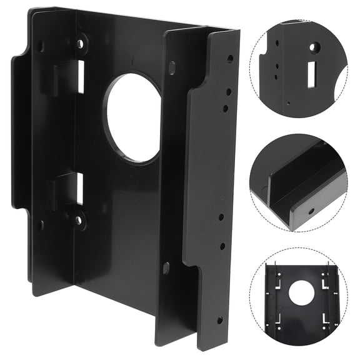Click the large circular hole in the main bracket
pos(132,118)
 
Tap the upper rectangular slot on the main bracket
pos(80,77)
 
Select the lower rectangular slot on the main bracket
pos(79,188)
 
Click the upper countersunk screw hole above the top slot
pos(80,44)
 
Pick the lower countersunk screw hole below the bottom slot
pos(78,221)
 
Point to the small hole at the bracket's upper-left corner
pos(41,46)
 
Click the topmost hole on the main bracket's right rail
pos(230,58)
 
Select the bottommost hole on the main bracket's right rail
pos(219,320)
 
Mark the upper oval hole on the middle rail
pos(172,67)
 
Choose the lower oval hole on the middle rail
pos(166,267)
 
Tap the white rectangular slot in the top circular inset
pos(310,74)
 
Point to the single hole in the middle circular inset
pos(311,211)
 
